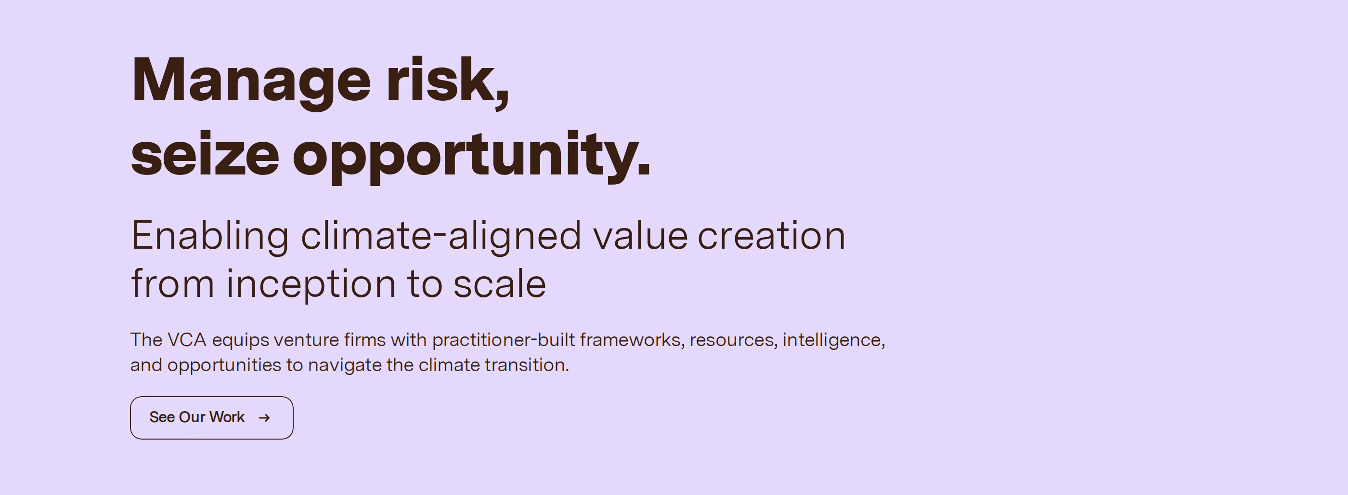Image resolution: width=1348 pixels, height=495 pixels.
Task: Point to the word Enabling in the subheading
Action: (210, 237)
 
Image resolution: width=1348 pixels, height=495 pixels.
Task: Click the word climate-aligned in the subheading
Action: (441, 237)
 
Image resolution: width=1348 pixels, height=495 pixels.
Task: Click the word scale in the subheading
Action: (500, 283)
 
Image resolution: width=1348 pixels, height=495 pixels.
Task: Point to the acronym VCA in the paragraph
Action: (187, 340)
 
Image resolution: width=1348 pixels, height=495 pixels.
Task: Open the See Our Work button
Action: (211, 417)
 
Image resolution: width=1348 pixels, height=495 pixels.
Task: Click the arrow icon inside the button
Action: (264, 417)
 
